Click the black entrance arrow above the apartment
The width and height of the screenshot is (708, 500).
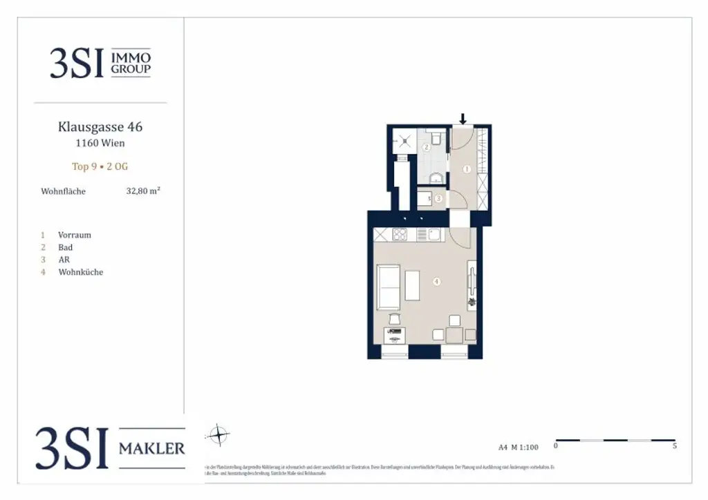tap(463, 119)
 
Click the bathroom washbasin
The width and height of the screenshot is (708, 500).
tap(436, 179)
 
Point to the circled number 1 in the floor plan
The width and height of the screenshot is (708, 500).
tap(467, 169)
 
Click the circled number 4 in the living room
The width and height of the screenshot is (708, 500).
tap(436, 281)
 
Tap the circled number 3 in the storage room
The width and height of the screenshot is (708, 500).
tap(438, 198)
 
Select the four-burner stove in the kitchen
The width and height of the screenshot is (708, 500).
tap(400, 235)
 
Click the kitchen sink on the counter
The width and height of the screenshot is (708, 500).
tap(434, 235)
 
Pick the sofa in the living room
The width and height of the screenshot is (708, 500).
tap(388, 287)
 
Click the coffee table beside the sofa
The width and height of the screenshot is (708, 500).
tap(412, 285)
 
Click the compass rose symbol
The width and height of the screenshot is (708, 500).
tap(218, 435)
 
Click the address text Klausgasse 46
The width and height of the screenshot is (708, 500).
tap(100, 127)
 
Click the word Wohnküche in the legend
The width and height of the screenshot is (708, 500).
tap(81, 272)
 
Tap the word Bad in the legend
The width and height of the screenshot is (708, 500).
tap(66, 247)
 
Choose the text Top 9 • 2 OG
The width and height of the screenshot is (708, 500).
tap(100, 166)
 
